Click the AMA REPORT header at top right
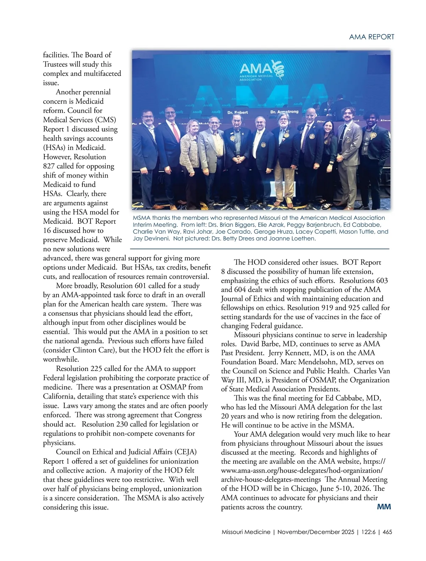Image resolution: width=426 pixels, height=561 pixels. (372, 37)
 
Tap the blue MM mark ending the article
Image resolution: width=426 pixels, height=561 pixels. (384, 507)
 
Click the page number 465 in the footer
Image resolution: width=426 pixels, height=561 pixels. (387, 532)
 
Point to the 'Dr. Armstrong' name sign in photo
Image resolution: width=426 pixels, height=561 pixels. (284, 112)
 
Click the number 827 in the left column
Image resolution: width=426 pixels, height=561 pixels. (50, 166)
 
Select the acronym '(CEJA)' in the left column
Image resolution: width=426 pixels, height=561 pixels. (185, 452)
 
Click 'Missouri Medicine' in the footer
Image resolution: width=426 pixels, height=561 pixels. (246, 532)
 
